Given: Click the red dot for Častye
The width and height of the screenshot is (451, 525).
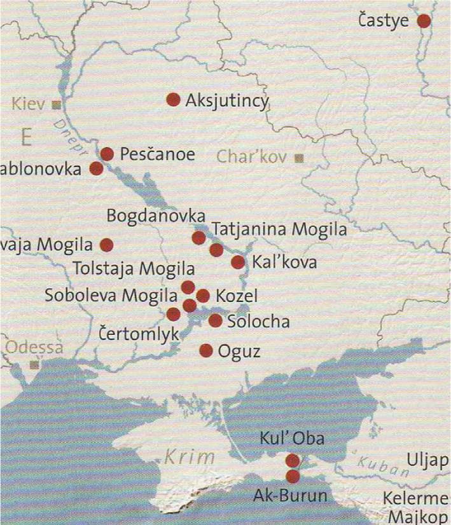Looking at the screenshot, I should point(424,21).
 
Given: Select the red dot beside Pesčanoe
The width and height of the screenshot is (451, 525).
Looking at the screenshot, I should point(107,154).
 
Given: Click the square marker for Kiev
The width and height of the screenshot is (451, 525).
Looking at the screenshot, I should point(57,104).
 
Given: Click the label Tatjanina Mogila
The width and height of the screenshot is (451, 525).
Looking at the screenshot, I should point(279,229).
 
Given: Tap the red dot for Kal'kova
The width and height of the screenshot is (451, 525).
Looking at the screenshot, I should point(238,262).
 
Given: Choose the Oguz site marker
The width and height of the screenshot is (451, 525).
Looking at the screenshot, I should point(206,350).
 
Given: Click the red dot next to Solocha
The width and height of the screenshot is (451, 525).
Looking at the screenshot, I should point(215,321).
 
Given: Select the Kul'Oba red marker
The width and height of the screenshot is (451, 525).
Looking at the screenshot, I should point(293,460).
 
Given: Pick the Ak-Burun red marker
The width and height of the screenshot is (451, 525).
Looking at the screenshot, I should point(293,476).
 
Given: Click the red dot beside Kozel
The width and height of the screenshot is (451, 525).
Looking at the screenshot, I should point(203,296).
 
